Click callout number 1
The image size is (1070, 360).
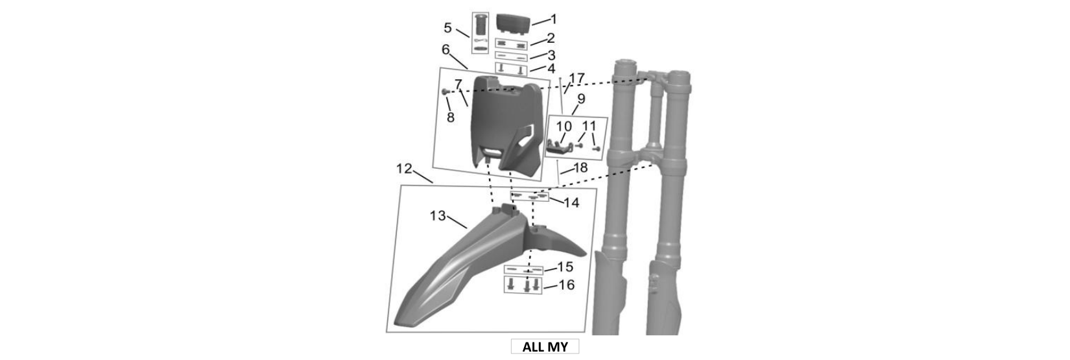pyautogui.click(x=554, y=19)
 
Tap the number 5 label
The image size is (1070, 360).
pyautogui.click(x=447, y=28)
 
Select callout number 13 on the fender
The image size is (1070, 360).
pyautogui.click(x=438, y=216)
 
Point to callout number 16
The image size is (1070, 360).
pyautogui.click(x=567, y=285)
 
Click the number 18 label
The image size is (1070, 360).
pyautogui.click(x=580, y=168)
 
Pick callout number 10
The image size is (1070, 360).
pyautogui.click(x=564, y=126)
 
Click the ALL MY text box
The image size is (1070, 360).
pyautogui.click(x=545, y=346)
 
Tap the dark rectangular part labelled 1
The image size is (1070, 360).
pyautogui.click(x=514, y=23)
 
